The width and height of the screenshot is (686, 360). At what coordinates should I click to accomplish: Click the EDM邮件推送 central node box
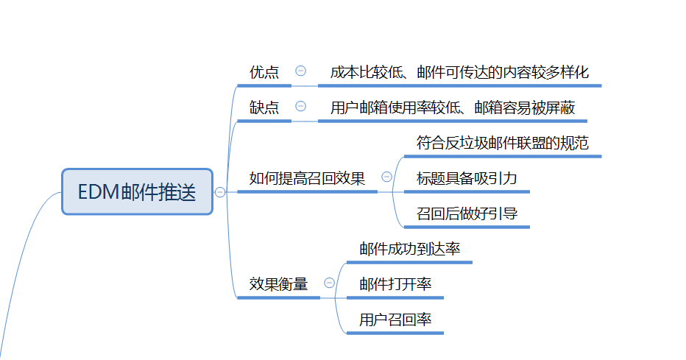click(137, 192)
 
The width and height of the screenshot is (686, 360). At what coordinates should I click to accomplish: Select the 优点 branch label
click(264, 72)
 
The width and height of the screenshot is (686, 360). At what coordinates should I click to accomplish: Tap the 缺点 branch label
click(264, 107)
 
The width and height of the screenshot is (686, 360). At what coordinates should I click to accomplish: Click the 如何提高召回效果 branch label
click(307, 178)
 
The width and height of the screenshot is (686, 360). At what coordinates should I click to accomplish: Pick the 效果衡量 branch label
click(278, 283)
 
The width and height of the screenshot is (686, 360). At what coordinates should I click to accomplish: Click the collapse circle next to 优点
click(300, 71)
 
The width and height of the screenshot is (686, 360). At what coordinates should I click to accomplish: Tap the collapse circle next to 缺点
click(300, 106)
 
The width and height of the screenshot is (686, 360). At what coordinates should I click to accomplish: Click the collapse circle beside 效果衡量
click(329, 283)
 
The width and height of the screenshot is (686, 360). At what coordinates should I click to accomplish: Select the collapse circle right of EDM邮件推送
click(220, 192)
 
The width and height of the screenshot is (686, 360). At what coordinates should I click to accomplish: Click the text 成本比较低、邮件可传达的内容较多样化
click(459, 72)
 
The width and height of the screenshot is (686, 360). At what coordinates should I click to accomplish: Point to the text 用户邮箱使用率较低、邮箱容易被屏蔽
click(452, 107)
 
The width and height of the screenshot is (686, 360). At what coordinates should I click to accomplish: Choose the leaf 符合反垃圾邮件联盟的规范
click(502, 143)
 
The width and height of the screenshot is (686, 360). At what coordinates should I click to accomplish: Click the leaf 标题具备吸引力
click(466, 178)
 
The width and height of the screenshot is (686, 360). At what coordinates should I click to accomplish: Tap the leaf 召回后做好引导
click(466, 214)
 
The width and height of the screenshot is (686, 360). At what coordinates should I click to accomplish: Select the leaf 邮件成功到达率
click(409, 249)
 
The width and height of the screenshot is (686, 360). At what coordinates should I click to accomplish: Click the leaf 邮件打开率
click(395, 284)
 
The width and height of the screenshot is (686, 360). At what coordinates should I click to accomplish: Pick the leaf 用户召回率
click(395, 320)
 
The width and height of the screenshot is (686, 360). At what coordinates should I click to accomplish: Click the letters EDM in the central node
click(99, 193)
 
